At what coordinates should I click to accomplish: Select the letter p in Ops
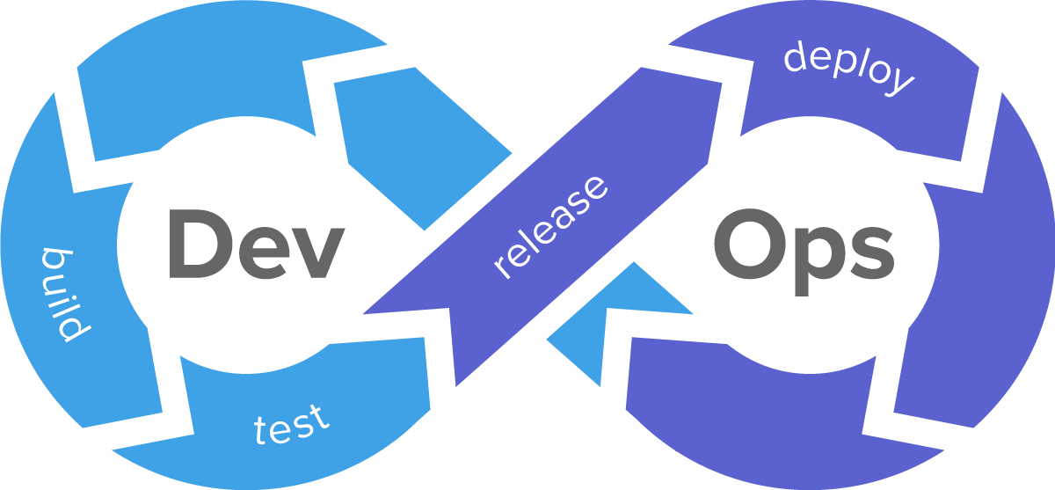pyautogui.click(x=810, y=255)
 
